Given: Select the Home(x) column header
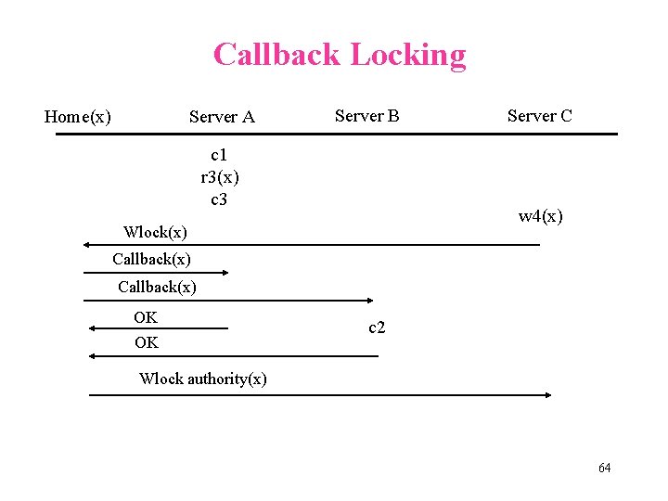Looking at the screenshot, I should pyautogui.click(x=78, y=117).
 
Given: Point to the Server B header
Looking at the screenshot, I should pyautogui.click(x=366, y=116).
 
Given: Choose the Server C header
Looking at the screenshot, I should pyautogui.click(x=539, y=116).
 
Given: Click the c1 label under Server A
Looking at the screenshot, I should pyautogui.click(x=219, y=153).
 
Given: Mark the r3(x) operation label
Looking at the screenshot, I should pyautogui.click(x=220, y=176).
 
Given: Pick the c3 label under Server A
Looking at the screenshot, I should pyautogui.click(x=219, y=199).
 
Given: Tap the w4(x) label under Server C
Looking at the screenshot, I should pyautogui.click(x=540, y=217).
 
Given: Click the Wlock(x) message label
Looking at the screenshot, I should pyautogui.click(x=155, y=232).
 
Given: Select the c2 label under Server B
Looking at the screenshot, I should pyautogui.click(x=377, y=328).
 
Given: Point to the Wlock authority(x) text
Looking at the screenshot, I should pyautogui.click(x=202, y=379).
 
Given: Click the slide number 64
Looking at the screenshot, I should pyautogui.click(x=604, y=468).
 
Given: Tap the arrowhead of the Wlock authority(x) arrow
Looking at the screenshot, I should pyautogui.click(x=547, y=395).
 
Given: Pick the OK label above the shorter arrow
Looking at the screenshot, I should pyautogui.click(x=146, y=317).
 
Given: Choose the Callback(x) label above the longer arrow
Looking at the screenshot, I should pyautogui.click(x=157, y=287).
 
